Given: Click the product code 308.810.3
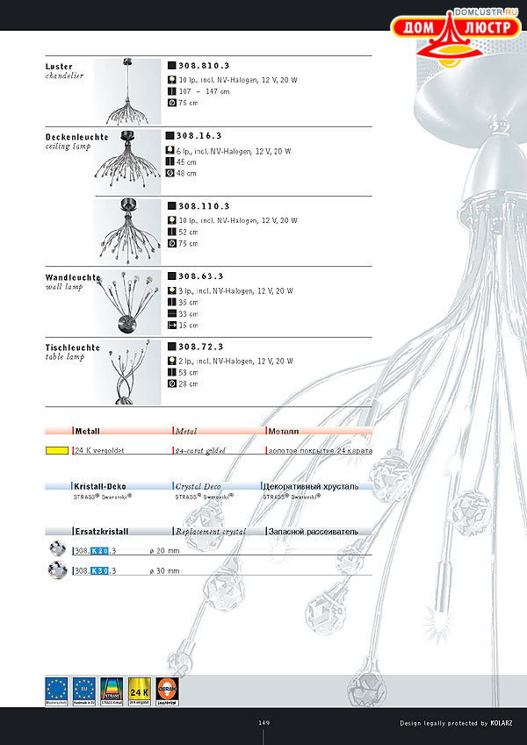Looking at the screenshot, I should [x=203, y=66].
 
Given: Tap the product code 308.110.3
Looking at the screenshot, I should [x=203, y=206].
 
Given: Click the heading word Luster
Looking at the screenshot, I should [x=59, y=67].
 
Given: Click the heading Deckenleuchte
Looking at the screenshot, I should [x=77, y=138].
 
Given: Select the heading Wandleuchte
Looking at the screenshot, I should [x=72, y=277].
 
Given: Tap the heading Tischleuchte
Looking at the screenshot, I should [x=73, y=347].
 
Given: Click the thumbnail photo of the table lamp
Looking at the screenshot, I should [x=127, y=372].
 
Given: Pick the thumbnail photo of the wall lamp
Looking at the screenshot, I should [x=127, y=302].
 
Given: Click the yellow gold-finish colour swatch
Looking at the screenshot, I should [x=57, y=450].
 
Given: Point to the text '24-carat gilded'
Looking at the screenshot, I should [x=201, y=450].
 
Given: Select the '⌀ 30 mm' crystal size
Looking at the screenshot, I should [x=164, y=570].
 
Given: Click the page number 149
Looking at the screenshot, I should [x=263, y=723].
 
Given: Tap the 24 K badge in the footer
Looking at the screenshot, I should [x=140, y=690].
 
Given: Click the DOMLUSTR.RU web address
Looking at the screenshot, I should [x=486, y=13].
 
